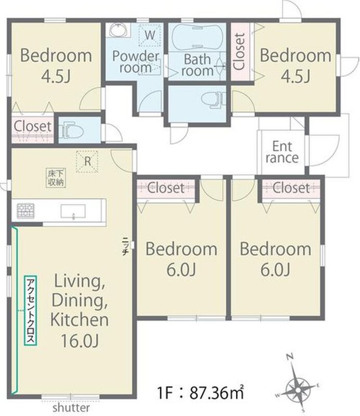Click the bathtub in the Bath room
pos(197,37)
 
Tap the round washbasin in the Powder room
pos(119,30)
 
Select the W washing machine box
pos(150,35)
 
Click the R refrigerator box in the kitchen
pos(87,162)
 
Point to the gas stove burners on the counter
pos(25,211)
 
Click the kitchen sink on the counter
pos(73,212)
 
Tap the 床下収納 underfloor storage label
pos(56,178)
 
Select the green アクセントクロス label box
pos(30,310)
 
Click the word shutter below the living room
pos(71,408)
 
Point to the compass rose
pos(298,389)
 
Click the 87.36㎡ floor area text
pos(216,393)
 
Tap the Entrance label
pos(282,152)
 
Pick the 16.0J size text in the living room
pos(80,341)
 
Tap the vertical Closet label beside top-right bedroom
pos(238,51)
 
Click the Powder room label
pos(135,62)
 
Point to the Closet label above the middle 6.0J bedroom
pos(165,188)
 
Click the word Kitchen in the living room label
pos(80,320)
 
